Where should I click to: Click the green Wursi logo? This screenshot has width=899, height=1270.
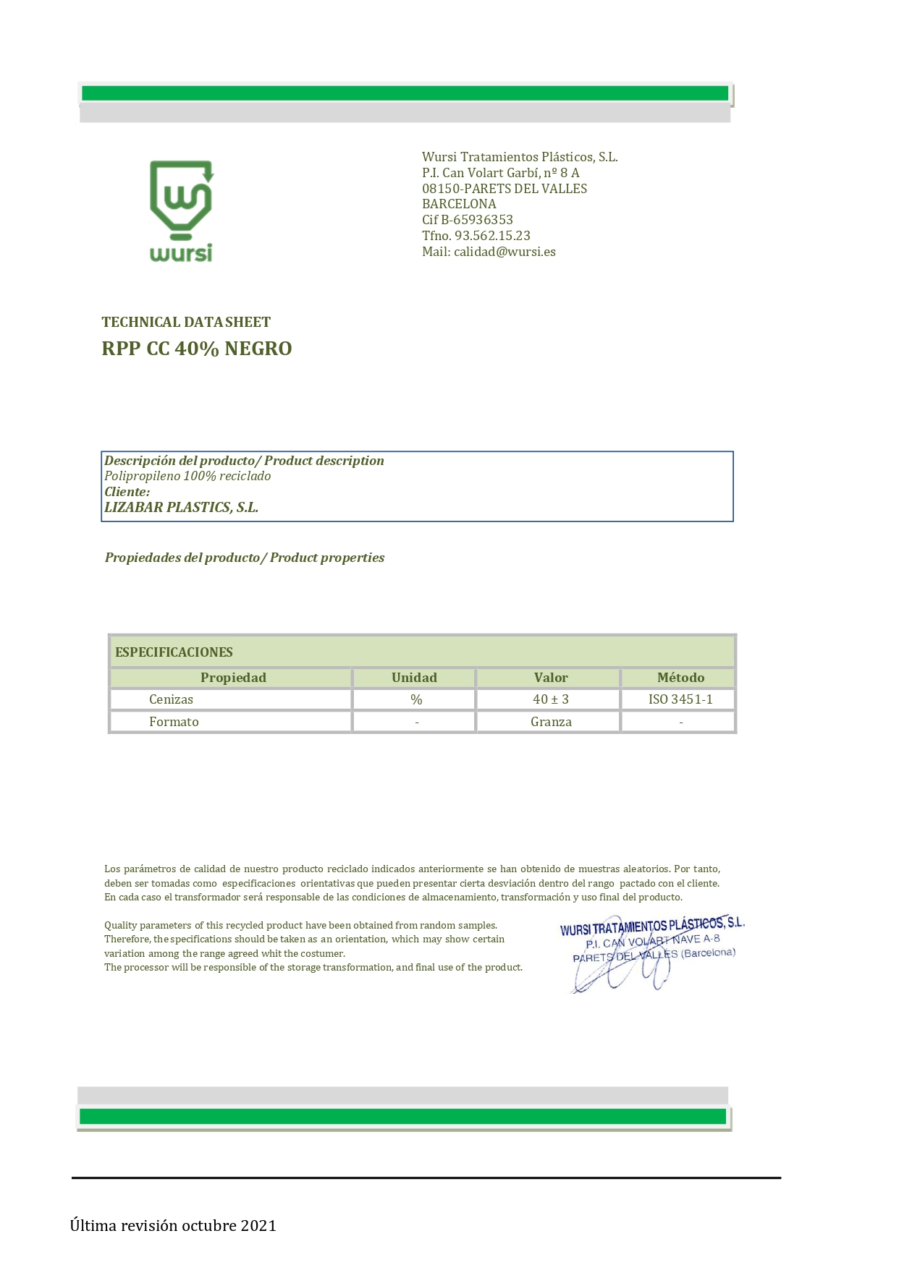tap(181, 210)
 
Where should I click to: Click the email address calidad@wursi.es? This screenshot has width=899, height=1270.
tap(505, 252)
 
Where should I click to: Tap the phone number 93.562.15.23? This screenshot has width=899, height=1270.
tap(492, 236)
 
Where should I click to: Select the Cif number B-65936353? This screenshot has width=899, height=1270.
tap(477, 220)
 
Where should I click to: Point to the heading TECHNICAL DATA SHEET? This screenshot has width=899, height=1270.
tap(186, 322)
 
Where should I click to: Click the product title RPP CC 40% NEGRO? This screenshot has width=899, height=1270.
tap(197, 349)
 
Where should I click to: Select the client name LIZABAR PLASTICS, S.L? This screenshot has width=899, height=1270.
tap(181, 507)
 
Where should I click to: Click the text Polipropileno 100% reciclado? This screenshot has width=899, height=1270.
tap(187, 476)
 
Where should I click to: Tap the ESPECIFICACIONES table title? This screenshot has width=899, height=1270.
tap(174, 652)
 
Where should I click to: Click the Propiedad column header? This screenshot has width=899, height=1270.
tap(233, 678)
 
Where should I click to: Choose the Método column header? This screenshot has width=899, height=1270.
tap(680, 678)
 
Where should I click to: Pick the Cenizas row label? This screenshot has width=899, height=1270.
tap(171, 699)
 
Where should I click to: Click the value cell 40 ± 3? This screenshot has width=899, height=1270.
tap(551, 699)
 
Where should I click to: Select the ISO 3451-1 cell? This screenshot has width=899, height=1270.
tap(680, 699)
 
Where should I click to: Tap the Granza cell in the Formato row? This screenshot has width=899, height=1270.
tap(551, 722)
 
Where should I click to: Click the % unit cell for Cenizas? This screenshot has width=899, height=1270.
tap(416, 699)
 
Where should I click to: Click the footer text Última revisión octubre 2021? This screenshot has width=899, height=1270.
tap(173, 1225)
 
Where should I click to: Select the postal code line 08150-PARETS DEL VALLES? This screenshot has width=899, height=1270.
tap(505, 189)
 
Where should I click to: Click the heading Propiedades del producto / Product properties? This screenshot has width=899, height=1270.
tap(245, 558)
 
